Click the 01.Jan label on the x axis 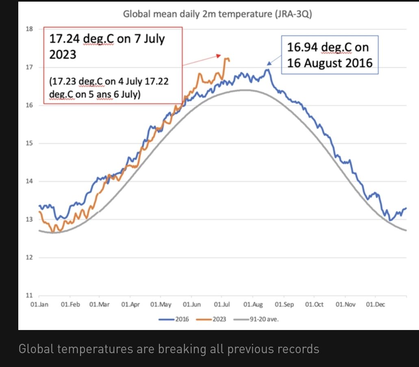[40, 304]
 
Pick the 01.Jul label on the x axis [222, 304]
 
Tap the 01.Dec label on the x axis [375, 304]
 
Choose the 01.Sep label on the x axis [284, 304]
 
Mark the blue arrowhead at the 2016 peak [268, 63]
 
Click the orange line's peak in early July [226, 58]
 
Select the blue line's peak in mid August [267, 69]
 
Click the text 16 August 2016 [330, 63]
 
